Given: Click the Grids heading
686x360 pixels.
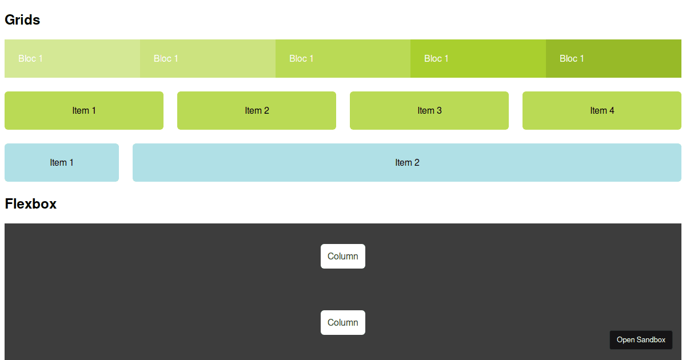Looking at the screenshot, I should click(22, 20).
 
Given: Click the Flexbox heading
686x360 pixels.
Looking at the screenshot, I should click(30, 204).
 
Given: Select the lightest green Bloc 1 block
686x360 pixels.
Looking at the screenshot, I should click(72, 58).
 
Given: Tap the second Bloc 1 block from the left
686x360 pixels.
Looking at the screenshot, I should click(208, 58).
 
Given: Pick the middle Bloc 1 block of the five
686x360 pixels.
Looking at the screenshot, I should click(343, 58).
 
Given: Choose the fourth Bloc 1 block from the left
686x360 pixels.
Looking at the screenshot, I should click(478, 58).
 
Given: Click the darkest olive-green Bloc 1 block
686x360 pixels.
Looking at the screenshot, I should click(613, 58).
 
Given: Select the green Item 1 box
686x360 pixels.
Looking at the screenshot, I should click(84, 110).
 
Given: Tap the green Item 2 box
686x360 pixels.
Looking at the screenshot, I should click(257, 110).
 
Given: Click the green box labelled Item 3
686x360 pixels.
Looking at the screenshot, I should click(429, 110).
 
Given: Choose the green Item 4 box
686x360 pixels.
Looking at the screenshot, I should click(602, 110).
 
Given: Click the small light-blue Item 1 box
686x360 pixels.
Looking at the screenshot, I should click(62, 162).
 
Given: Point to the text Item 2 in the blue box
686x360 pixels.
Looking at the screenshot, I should click(407, 163).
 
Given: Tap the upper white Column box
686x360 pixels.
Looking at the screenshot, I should click(343, 256).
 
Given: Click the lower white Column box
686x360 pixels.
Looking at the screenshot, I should click(343, 322).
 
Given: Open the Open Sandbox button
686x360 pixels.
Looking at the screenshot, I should click(641, 339).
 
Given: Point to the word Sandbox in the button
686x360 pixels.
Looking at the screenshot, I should click(651, 340).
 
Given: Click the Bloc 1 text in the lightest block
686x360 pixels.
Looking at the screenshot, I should click(30, 58).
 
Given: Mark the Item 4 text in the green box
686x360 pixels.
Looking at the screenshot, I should click(602, 111).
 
